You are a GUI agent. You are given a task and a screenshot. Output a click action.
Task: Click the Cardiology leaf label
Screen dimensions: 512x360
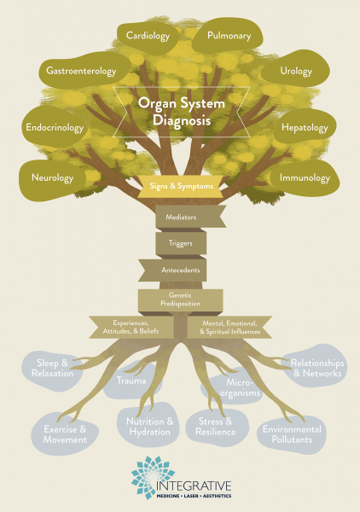point(147,37)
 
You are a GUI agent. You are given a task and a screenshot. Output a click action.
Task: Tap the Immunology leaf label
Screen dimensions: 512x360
point(305,178)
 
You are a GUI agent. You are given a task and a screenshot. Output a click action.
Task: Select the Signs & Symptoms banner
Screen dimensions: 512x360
point(181,185)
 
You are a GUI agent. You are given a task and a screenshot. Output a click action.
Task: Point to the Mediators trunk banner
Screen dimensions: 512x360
point(180,218)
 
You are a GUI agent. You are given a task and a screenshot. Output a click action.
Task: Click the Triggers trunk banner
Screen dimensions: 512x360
point(180,243)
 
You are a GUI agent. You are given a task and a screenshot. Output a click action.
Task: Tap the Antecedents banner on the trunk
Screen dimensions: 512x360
point(180,270)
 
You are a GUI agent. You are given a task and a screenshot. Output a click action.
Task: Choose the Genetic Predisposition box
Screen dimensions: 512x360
point(180,299)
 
